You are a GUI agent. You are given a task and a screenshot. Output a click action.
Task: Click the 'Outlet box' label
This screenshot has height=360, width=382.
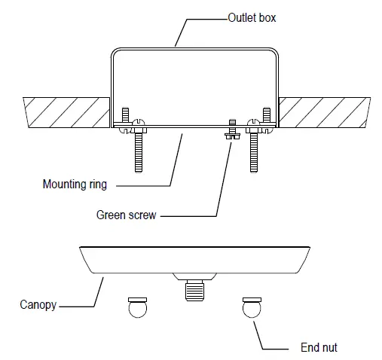(x=251, y=17)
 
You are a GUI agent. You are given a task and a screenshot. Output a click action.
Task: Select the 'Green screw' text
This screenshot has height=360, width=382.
(x=126, y=215)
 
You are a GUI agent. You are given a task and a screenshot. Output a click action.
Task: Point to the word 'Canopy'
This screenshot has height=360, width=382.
(x=37, y=306)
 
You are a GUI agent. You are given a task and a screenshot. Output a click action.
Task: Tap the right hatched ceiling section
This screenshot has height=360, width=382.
(x=324, y=111)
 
